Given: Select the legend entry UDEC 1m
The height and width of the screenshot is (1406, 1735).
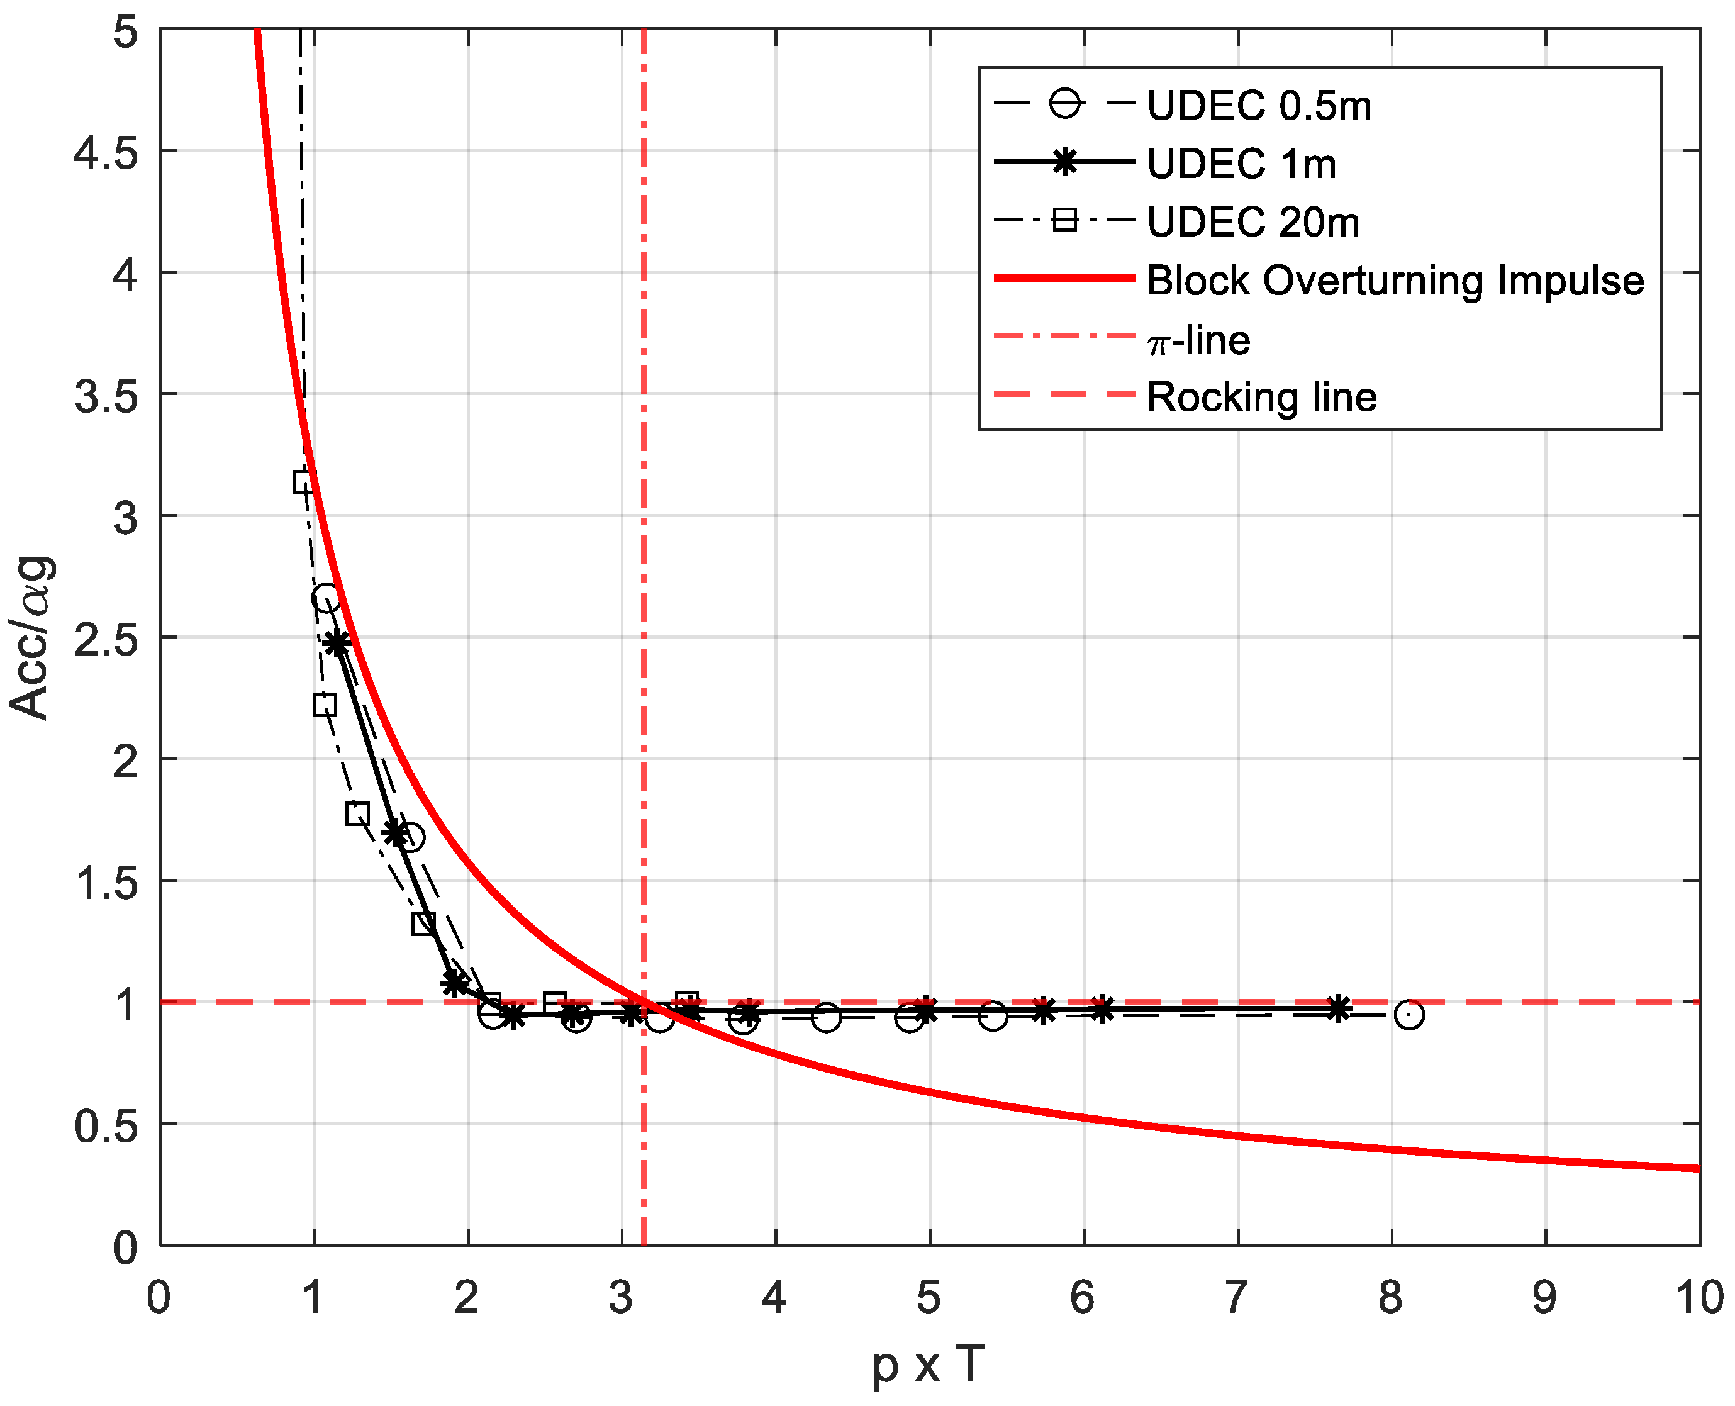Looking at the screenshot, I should (1241, 164).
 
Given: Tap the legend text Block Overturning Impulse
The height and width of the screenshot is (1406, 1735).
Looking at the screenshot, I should (1395, 280).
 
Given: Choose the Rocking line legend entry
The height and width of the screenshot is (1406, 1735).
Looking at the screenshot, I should (1261, 397).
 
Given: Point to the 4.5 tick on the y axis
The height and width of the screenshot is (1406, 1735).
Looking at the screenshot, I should (105, 152).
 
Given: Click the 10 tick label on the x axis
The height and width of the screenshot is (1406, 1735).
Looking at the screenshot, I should (1699, 1297).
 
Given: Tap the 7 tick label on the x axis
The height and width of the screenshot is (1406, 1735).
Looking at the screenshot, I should (1236, 1297).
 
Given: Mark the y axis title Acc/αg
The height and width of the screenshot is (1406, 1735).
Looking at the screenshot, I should (31, 637).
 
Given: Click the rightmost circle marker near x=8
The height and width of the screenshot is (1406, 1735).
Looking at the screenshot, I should (1409, 1014).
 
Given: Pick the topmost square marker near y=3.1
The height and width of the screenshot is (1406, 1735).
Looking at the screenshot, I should (304, 483).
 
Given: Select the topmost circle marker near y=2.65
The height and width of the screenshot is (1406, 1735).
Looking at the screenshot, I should (326, 600).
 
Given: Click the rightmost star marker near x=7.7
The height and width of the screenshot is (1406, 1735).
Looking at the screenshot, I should (1339, 1008).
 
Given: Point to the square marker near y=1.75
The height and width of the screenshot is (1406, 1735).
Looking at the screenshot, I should (357, 813).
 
